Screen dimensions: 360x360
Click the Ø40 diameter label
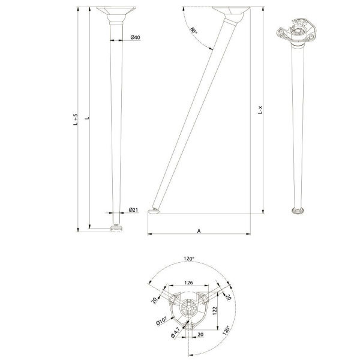click(x=135, y=37)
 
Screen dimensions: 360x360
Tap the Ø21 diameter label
click(x=133, y=209)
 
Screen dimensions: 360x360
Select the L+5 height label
click(x=76, y=119)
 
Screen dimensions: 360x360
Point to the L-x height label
click(x=260, y=110)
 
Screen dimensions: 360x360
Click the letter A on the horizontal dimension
click(x=199, y=231)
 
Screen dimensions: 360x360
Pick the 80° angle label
click(x=193, y=31)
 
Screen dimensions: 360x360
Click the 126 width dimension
click(x=188, y=283)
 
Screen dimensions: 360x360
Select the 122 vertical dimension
click(x=215, y=311)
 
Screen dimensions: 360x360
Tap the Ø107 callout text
click(x=161, y=321)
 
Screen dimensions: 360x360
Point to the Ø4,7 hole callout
click(x=175, y=332)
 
